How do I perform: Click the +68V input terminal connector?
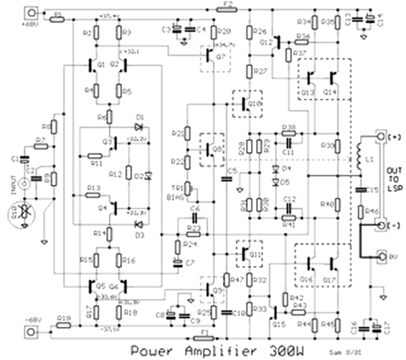[x=30, y=12]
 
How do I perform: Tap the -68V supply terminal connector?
[x=30, y=331]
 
